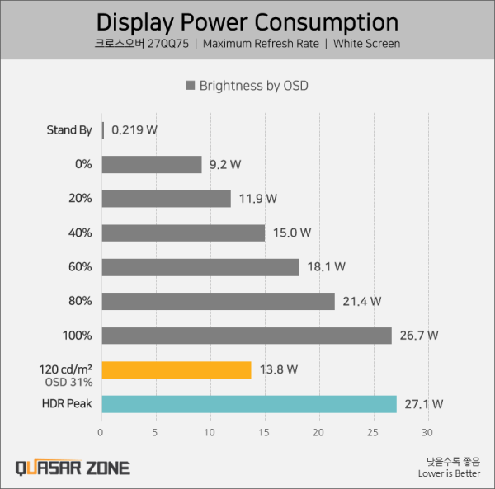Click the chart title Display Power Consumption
[247, 21]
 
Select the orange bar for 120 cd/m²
[176, 370]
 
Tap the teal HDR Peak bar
[248, 404]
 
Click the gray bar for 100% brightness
[246, 336]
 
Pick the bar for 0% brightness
[151, 165]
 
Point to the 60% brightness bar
[200, 267]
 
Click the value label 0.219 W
[134, 130]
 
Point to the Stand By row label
[69, 130]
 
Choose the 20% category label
[81, 199]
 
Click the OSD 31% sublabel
[68, 383]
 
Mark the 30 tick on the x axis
[427, 431]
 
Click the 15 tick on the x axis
[265, 431]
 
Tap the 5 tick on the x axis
[156, 431]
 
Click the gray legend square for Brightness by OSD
[191, 85]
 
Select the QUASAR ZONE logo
[73, 468]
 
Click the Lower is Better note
[449, 473]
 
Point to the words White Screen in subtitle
[366, 44]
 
